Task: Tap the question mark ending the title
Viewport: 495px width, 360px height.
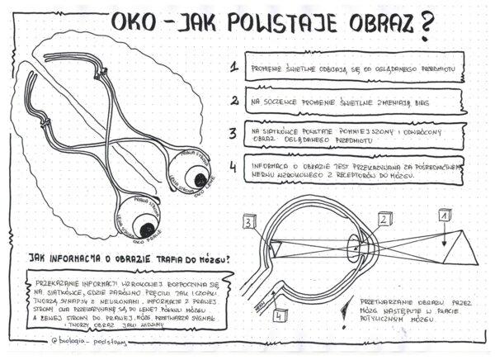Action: [x=426, y=25]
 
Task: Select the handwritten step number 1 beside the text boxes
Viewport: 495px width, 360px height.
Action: [x=234, y=67]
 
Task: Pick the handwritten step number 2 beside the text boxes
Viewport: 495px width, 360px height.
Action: [x=234, y=101]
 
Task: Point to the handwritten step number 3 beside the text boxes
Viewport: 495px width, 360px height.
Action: [x=234, y=133]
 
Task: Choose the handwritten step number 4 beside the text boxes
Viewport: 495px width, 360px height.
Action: [x=234, y=166]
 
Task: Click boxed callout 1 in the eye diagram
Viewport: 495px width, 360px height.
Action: [x=444, y=215]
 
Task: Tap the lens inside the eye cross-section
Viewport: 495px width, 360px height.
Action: [x=357, y=249]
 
